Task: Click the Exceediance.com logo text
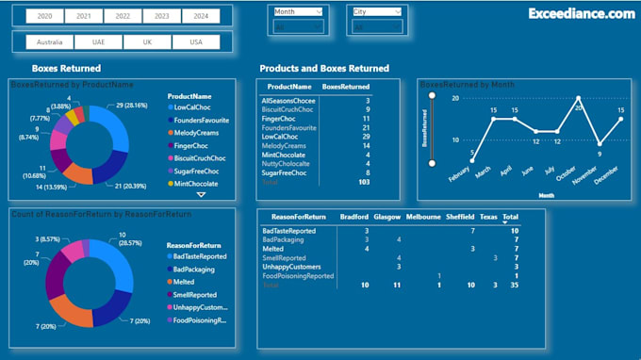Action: click(x=581, y=14)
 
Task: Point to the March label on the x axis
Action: click(x=483, y=173)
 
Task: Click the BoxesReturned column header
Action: click(x=346, y=86)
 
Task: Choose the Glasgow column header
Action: click(x=386, y=216)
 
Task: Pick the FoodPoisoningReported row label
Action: click(x=297, y=276)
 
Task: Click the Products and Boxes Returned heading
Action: click(x=323, y=68)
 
